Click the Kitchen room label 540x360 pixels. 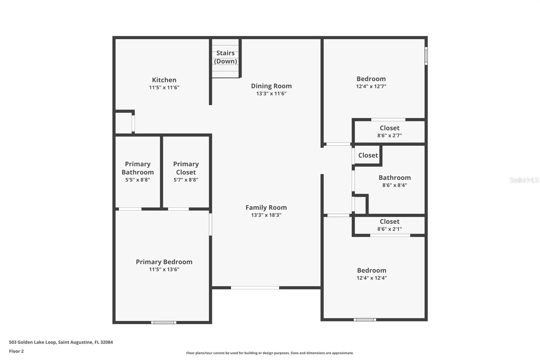(164, 80)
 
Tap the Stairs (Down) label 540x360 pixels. (225, 57)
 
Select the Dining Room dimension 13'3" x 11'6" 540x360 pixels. (271, 94)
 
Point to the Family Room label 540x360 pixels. (266, 207)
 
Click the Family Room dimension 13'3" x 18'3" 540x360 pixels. (266, 215)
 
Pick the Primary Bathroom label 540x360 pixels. (138, 168)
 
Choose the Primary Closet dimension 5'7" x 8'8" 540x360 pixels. (186, 180)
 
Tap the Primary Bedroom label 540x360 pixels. (164, 262)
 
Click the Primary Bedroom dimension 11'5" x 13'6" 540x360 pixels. (164, 269)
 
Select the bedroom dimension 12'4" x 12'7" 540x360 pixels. (371, 86)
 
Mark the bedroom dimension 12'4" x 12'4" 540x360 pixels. (372, 278)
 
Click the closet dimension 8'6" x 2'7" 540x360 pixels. (389, 136)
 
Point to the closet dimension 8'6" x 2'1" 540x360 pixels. (389, 229)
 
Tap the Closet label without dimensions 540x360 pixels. (368, 155)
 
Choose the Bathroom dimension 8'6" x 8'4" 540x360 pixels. (395, 185)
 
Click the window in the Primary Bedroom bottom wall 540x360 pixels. (164, 323)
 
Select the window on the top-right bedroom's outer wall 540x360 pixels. (426, 56)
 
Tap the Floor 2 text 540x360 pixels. (16, 351)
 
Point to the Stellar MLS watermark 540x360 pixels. (524, 180)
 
